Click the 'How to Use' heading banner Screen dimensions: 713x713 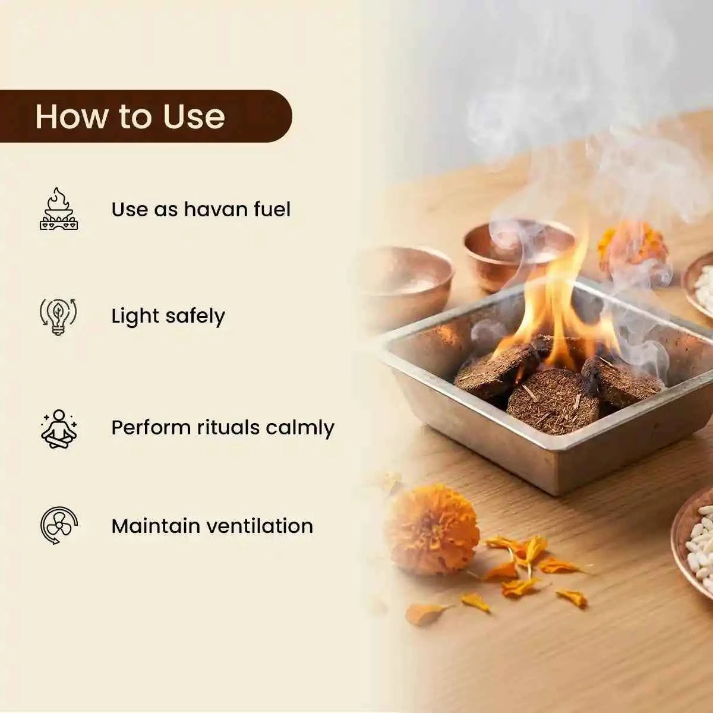pyautogui.click(x=146, y=116)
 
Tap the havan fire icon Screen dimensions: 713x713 pyautogui.click(x=59, y=209)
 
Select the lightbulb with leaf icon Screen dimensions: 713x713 pyautogui.click(x=58, y=316)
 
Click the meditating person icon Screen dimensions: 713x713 pyautogui.click(x=59, y=428)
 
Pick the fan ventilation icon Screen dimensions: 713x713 pyautogui.click(x=59, y=525)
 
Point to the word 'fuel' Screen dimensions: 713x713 pyautogui.click(x=272, y=209)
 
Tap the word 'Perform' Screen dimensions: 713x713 pyautogui.click(x=151, y=427)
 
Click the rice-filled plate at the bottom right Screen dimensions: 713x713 pyautogui.click(x=694, y=540)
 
